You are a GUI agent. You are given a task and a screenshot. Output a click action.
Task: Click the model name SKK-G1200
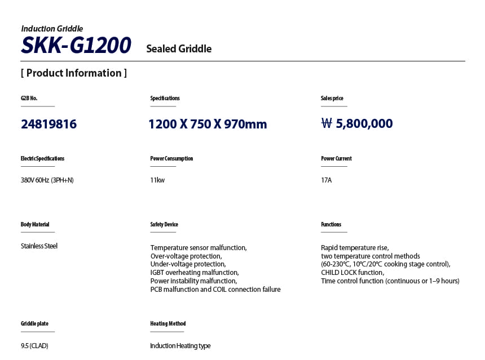tap(76, 45)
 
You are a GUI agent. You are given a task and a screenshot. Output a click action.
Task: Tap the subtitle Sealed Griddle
tap(179, 49)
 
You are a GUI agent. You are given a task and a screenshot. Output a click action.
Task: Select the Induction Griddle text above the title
tap(52, 29)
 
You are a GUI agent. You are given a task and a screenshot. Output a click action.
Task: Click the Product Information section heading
tap(73, 73)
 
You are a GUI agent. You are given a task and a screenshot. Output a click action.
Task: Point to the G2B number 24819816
tap(48, 124)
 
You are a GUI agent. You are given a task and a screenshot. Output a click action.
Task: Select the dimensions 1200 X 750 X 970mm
tap(208, 124)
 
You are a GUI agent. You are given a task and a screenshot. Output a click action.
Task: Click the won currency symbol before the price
tap(327, 124)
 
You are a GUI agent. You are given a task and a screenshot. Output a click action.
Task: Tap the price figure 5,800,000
tap(364, 124)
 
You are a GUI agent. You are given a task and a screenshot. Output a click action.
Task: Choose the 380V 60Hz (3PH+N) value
tap(47, 180)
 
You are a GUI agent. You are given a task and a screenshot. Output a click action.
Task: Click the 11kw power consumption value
tap(157, 180)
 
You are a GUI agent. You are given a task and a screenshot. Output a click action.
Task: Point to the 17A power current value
tap(327, 180)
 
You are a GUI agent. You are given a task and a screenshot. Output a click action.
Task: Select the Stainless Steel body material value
tap(39, 246)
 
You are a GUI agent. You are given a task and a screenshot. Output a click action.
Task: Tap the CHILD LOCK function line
tap(352, 273)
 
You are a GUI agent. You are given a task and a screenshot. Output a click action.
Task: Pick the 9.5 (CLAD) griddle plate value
tap(34, 346)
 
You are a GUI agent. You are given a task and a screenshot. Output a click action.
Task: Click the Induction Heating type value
tap(180, 346)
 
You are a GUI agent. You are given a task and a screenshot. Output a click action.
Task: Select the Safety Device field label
tap(164, 225)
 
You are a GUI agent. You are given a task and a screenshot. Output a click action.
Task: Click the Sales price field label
tap(332, 99)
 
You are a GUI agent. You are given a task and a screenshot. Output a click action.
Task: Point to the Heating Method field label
tap(168, 324)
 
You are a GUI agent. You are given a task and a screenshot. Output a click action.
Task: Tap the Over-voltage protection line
tap(186, 256)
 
